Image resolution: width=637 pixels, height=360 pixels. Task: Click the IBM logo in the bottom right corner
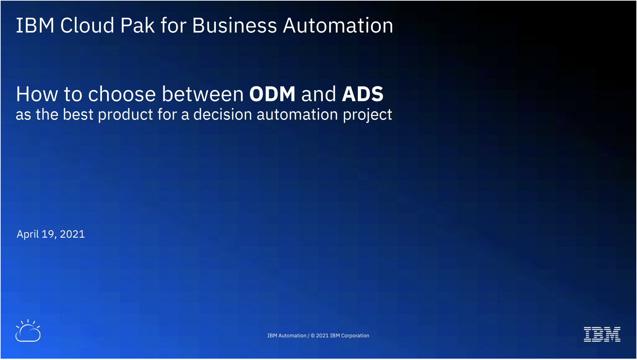pyautogui.click(x=602, y=334)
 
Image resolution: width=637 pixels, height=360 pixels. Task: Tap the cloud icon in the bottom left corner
pyautogui.click(x=28, y=331)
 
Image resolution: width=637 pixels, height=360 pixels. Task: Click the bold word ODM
pyautogui.click(x=272, y=94)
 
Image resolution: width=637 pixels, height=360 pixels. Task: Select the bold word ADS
pyautogui.click(x=363, y=94)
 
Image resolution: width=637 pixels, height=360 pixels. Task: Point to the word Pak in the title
pyautogui.click(x=137, y=25)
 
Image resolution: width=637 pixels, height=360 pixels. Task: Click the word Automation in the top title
pyautogui.click(x=338, y=25)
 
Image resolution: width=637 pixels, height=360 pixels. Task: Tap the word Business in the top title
pyautogui.click(x=235, y=25)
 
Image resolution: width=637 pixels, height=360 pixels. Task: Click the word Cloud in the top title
pyautogui.click(x=87, y=25)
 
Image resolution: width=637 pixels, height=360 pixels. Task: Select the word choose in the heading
pyautogui.click(x=122, y=94)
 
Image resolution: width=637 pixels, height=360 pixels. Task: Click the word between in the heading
pyautogui.click(x=203, y=94)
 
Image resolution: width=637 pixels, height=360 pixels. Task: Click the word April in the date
pyautogui.click(x=28, y=234)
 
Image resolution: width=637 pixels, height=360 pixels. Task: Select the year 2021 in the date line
pyautogui.click(x=72, y=234)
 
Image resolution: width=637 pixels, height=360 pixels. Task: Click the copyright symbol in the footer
pyautogui.click(x=313, y=336)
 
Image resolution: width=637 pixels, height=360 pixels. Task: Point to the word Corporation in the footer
pyautogui.click(x=355, y=336)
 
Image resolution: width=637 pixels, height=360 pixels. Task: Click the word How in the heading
pyautogui.click(x=37, y=94)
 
